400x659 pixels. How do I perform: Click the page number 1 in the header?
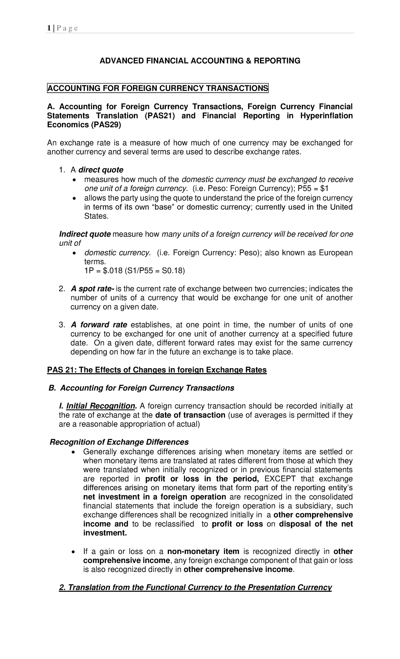tap(49, 28)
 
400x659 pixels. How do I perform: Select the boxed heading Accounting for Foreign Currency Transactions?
tap(158, 88)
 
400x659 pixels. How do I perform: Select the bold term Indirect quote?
tap(85, 234)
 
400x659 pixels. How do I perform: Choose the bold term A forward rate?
tap(99, 325)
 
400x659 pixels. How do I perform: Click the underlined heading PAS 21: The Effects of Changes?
tap(157, 370)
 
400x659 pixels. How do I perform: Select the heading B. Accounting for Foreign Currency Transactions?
tap(141, 388)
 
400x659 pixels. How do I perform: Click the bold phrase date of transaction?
tap(190, 415)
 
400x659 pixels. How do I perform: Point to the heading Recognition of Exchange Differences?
tap(119, 442)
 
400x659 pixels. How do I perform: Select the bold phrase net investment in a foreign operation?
tap(155, 497)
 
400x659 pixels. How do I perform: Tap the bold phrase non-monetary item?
tap(203, 551)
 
